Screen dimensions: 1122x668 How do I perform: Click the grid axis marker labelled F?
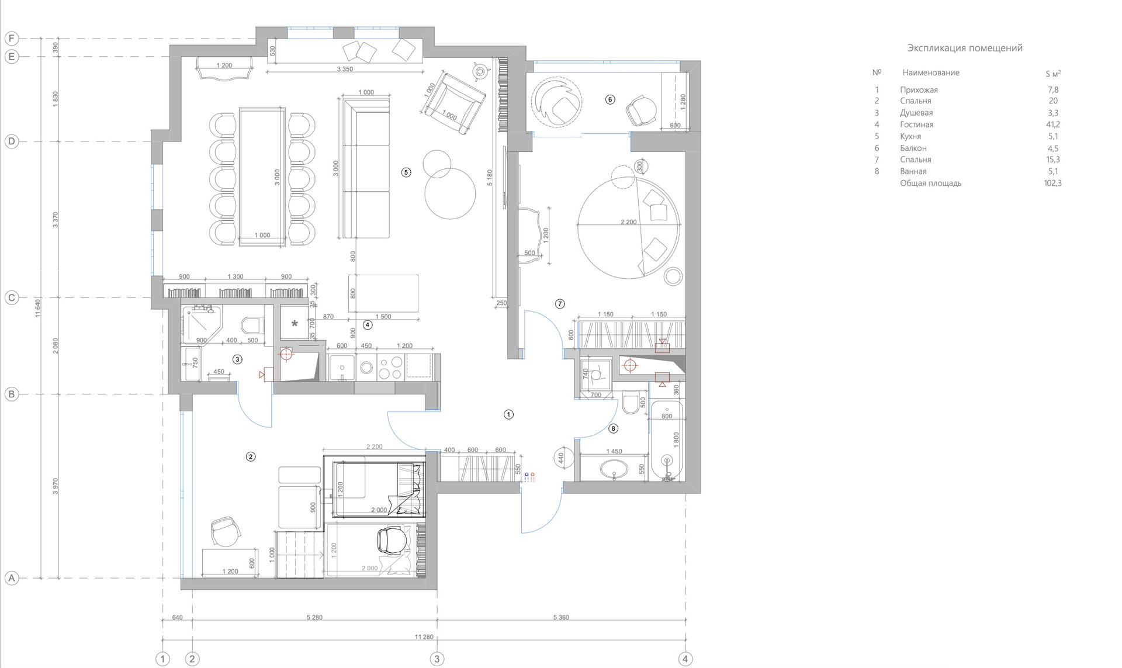coord(11,39)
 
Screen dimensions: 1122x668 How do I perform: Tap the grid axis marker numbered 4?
coord(685,659)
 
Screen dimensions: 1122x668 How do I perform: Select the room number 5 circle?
coord(406,172)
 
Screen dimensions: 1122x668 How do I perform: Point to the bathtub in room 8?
coord(667,441)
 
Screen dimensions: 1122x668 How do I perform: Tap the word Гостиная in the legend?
coord(916,124)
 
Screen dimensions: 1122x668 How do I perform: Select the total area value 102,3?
coord(1052,183)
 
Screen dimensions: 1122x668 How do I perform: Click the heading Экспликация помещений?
coord(965,48)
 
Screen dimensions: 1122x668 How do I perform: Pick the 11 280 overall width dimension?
coord(424,637)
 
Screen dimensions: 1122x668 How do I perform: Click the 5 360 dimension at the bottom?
coord(560,617)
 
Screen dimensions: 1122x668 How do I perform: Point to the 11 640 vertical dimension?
coord(38,308)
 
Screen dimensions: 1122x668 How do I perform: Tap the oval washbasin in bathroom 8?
coord(613,468)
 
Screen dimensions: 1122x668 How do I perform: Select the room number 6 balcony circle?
coord(610,99)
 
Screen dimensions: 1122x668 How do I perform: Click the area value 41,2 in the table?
coord(1052,124)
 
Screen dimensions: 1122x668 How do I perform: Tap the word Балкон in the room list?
coord(913,148)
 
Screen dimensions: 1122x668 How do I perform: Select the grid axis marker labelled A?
coord(11,579)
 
